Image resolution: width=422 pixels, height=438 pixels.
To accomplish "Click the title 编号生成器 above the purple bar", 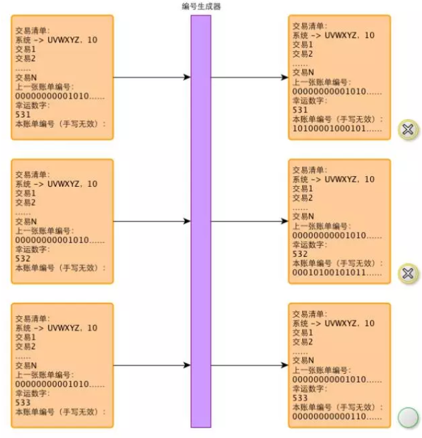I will [201, 6].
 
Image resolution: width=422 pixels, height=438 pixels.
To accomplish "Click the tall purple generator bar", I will [201, 221].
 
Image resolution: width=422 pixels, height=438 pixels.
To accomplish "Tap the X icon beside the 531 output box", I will [407, 129].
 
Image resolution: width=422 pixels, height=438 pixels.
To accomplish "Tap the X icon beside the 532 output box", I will [407, 273].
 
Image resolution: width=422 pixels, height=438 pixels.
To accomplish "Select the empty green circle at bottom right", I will [407, 417].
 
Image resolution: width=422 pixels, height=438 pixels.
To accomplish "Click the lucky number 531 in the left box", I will [23, 115].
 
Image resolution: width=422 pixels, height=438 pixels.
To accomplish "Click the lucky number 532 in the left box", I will [23, 259].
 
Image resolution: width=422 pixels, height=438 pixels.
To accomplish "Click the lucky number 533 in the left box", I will [23, 403].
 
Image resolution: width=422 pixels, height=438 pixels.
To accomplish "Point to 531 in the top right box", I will [300, 110].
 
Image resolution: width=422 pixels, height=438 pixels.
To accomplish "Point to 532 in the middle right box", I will [300, 254].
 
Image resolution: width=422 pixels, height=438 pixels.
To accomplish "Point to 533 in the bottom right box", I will [300, 398].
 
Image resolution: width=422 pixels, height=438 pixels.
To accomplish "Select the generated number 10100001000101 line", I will [337, 128].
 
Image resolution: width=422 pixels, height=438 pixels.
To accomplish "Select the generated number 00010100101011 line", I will [337, 273].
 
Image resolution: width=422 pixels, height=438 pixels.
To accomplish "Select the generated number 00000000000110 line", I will [337, 417].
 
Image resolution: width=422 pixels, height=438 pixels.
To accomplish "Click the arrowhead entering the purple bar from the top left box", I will [187, 77].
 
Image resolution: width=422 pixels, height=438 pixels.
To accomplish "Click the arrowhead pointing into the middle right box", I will [284, 222].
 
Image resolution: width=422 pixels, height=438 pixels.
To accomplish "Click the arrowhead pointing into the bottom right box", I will [284, 365].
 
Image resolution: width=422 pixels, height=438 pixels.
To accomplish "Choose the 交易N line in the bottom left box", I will [26, 365].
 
